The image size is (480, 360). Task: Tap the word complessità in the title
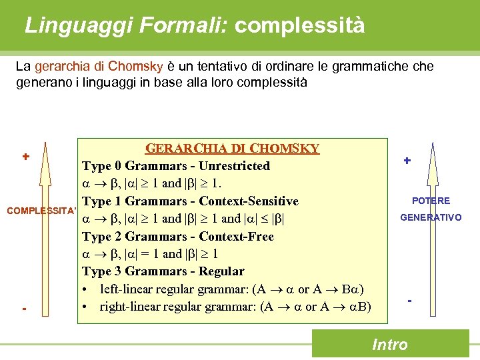300,25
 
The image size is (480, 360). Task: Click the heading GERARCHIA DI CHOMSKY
232,148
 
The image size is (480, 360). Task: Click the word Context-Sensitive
249,201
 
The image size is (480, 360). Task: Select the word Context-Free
237,237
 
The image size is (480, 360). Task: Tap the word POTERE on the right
431,201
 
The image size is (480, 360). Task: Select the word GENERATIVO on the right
431,217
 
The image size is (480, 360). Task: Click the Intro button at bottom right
390,344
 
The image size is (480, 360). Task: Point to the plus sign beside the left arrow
25,157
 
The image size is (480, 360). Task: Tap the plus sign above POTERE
407,161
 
